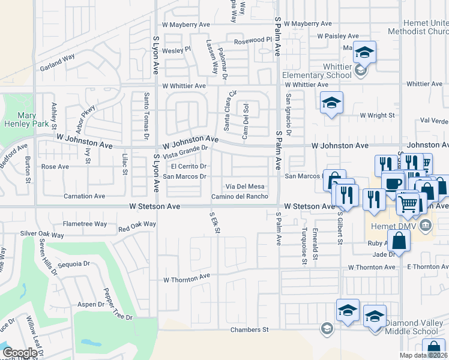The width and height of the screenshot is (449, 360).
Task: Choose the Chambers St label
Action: point(249,330)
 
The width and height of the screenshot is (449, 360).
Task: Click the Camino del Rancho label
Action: point(240,197)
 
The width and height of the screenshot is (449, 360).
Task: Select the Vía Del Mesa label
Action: point(245,187)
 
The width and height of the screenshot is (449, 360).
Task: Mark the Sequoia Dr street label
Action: point(74,263)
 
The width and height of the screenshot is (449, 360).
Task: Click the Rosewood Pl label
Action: point(253,40)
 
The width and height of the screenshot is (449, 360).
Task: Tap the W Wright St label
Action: point(377,115)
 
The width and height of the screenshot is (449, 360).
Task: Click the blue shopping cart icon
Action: point(408,204)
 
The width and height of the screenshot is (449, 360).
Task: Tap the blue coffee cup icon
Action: point(393,183)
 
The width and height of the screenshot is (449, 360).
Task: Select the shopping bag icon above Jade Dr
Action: point(399,241)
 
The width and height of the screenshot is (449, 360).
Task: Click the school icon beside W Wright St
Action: point(331,104)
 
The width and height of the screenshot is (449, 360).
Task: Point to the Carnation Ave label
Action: point(85,196)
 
